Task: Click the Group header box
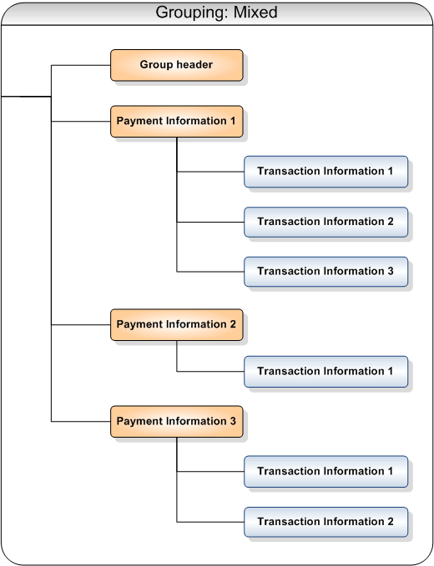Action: click(177, 65)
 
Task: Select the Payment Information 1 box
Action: click(177, 122)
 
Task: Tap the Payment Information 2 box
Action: click(177, 325)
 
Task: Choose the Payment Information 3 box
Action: click(177, 422)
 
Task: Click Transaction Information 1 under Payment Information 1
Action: click(326, 172)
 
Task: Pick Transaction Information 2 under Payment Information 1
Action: click(326, 222)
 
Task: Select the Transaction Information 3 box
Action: click(326, 272)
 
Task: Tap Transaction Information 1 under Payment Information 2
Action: click(326, 372)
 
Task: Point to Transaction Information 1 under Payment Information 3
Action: click(326, 472)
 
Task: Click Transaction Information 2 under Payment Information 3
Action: click(326, 522)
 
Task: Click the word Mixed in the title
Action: click(255, 13)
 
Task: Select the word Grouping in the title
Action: click(192, 13)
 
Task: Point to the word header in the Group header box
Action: click(194, 65)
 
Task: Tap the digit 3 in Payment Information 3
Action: click(233, 421)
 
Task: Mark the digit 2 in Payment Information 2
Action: click(233, 324)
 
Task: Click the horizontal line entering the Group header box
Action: click(81, 65)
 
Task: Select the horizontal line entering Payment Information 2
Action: click(81, 325)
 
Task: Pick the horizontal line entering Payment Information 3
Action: click(81, 421)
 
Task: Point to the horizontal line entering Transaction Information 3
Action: click(210, 272)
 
